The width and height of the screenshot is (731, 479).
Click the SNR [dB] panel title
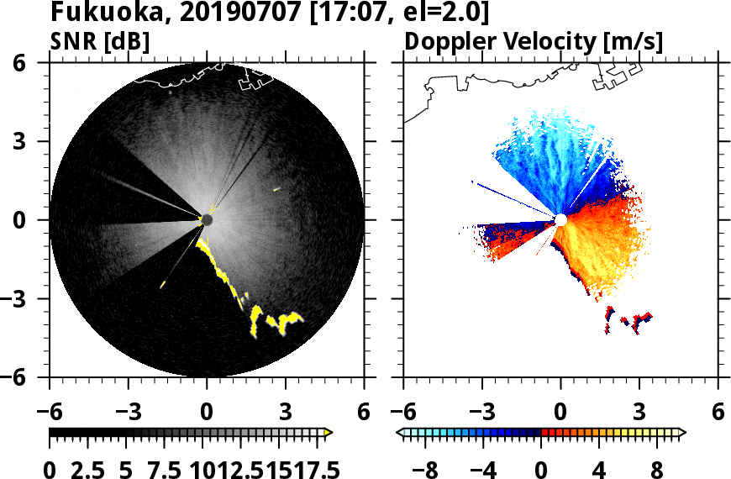tap(100, 41)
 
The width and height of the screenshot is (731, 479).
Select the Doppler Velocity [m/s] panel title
tap(534, 41)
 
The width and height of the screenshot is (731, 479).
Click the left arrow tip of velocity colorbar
tap(400, 433)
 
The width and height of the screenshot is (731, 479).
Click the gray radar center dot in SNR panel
tap(207, 220)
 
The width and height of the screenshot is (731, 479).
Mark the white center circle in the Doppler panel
tap(560, 220)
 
